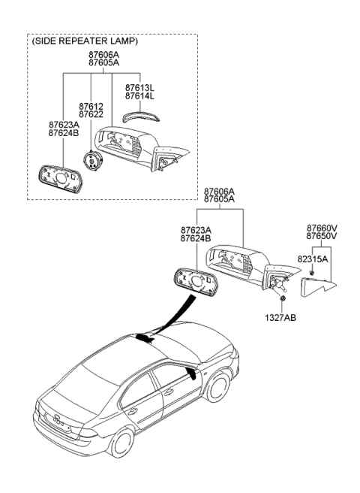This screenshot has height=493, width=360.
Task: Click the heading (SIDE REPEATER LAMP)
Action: (x=85, y=41)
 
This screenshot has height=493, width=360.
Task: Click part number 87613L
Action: (x=139, y=87)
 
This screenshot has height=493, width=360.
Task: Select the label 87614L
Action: (x=139, y=95)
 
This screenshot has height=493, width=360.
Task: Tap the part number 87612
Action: (x=91, y=106)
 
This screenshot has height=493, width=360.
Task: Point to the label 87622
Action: (x=91, y=114)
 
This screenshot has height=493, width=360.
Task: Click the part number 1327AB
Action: (x=280, y=318)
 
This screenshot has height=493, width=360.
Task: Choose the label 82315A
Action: (x=313, y=259)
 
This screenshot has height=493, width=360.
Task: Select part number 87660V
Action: (x=322, y=228)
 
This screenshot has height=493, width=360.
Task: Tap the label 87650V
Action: (x=322, y=236)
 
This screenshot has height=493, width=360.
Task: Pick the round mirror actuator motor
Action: (x=93, y=160)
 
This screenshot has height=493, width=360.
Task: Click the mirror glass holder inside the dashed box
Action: (x=60, y=179)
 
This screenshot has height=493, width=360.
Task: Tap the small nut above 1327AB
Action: (x=283, y=298)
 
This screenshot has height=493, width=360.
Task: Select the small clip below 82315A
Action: (x=312, y=273)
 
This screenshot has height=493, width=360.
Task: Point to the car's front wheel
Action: (x=218, y=386)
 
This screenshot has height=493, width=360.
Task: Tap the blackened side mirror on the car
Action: (x=190, y=374)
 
